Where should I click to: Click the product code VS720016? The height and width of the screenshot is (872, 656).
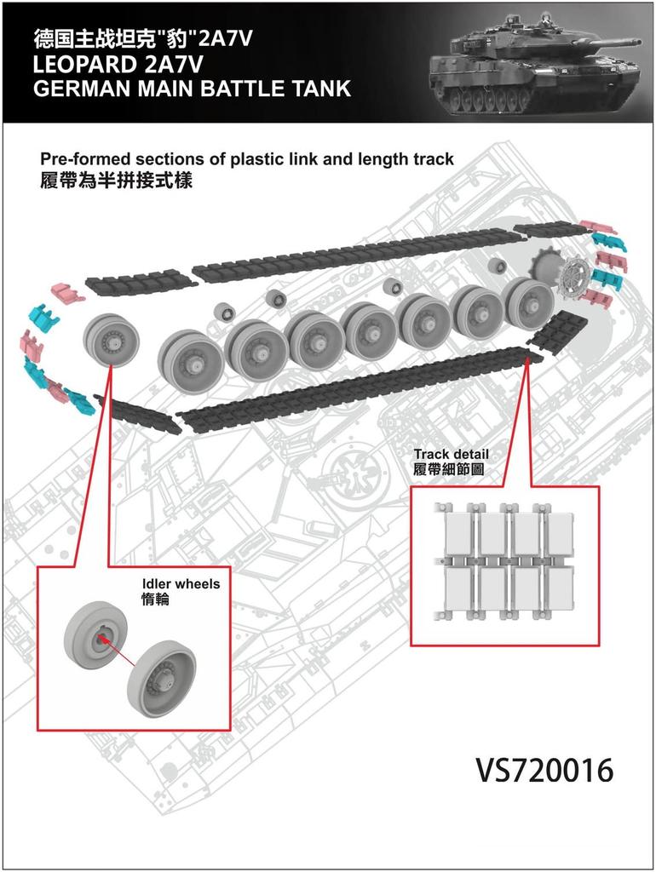[x=544, y=770]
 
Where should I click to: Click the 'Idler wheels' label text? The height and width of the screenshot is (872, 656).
[x=180, y=584]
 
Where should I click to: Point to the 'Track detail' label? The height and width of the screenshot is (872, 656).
[x=451, y=454]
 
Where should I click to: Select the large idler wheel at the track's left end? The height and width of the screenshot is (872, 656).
[x=110, y=338]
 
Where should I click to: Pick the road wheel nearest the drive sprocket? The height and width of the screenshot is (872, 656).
[x=528, y=302]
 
